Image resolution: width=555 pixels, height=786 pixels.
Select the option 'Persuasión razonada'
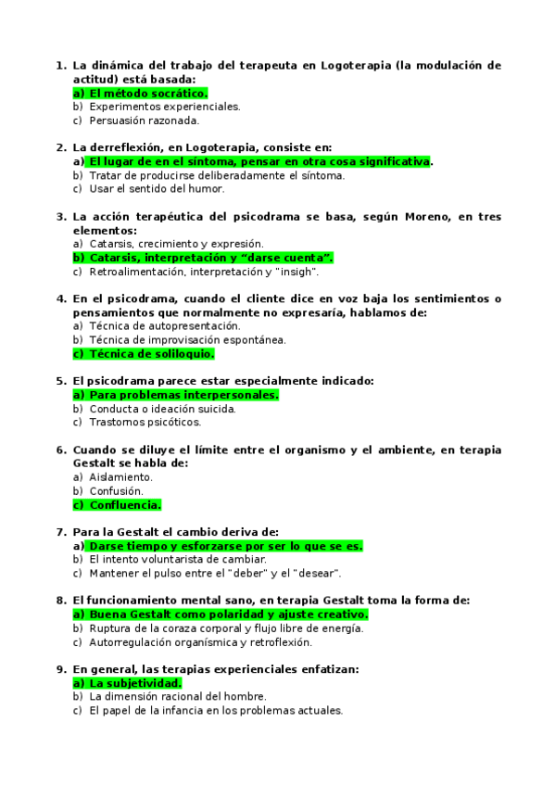pos(144,120)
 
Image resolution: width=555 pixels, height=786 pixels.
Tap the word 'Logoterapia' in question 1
pos(356,66)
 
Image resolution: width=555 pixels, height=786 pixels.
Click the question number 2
pos(60,147)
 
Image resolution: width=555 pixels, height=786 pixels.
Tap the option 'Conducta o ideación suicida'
pos(162,409)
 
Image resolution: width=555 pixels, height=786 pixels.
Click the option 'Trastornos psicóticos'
pos(145,422)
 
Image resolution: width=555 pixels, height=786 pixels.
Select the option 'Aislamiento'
pos(120,477)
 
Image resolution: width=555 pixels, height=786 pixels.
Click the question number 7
pos(60,532)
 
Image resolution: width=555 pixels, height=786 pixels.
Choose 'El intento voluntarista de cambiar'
pos(178,559)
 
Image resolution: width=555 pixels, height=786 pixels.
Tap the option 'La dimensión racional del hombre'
pos(178,696)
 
